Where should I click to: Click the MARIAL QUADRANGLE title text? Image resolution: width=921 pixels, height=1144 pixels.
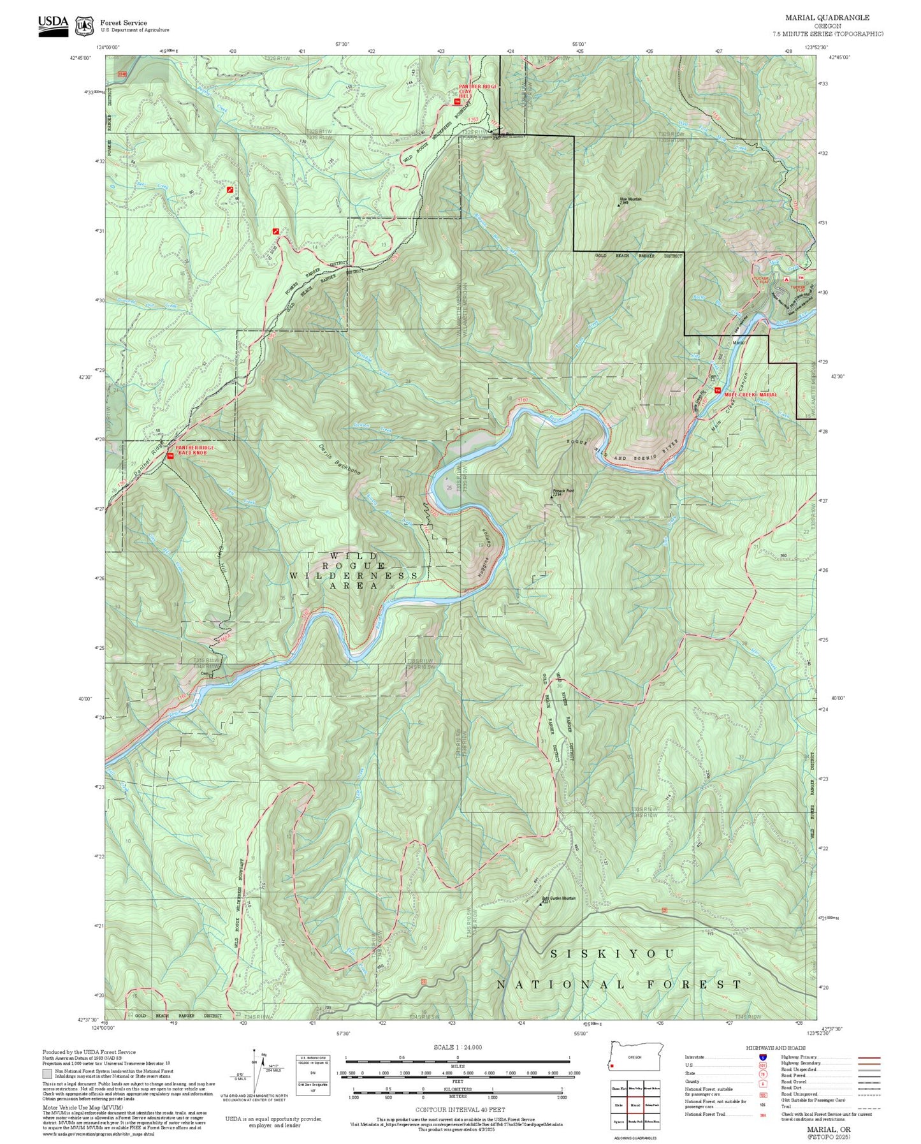[827, 18]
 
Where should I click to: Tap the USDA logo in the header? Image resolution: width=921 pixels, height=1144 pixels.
[53, 26]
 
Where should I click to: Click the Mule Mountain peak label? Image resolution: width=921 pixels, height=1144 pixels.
[630, 200]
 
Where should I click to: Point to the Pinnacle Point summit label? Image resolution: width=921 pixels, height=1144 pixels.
[563, 491]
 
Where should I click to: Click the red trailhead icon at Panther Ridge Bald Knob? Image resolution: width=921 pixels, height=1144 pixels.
[170, 456]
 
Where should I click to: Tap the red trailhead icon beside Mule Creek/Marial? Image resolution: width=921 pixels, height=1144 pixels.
[717, 390]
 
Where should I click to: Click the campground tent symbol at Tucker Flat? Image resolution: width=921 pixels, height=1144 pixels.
[786, 279]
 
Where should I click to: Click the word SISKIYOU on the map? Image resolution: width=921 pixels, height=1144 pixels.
[612, 953]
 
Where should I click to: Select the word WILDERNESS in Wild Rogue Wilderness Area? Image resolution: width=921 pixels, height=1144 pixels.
[354, 575]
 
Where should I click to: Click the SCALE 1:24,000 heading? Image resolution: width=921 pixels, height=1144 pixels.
[458, 1047]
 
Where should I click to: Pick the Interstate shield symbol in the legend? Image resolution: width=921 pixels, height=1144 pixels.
[762, 1057]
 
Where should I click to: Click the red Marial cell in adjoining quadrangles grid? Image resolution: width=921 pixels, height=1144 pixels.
[635, 1104]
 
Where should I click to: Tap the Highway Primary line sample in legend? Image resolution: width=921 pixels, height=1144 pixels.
[869, 1057]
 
